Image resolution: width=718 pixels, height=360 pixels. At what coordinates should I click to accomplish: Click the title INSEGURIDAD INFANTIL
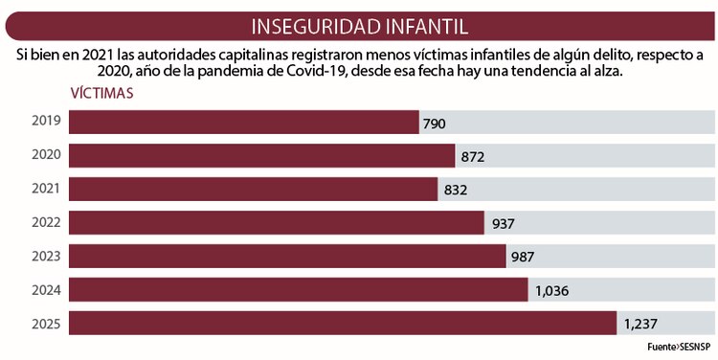(359, 25)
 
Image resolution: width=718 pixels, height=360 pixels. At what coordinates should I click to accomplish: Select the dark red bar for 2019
(244, 122)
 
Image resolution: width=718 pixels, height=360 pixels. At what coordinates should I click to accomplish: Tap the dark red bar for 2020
(262, 155)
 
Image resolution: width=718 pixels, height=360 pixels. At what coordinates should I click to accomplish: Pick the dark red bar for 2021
(254, 189)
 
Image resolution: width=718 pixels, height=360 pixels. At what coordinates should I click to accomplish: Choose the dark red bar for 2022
(277, 222)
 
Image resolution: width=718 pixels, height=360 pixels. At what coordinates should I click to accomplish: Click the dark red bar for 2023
(287, 256)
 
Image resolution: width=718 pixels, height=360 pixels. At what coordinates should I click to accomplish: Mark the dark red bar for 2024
(299, 289)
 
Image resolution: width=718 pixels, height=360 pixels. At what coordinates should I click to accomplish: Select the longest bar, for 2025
(343, 323)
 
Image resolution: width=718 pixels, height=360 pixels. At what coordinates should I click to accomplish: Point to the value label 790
(435, 124)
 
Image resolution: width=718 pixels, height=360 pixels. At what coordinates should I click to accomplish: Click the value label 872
(473, 157)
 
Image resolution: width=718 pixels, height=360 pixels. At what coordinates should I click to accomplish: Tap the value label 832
(455, 191)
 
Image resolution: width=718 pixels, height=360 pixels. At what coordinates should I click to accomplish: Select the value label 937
(503, 224)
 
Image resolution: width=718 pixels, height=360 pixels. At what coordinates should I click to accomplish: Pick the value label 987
(523, 258)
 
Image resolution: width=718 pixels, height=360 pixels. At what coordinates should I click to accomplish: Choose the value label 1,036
(553, 291)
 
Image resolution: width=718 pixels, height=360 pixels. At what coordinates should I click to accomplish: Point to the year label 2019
(46, 122)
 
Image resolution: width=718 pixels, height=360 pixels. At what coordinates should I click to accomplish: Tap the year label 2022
(46, 222)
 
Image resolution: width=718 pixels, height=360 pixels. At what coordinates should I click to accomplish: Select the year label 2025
(46, 324)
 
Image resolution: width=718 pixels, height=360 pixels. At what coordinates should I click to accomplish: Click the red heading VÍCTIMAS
(101, 94)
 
